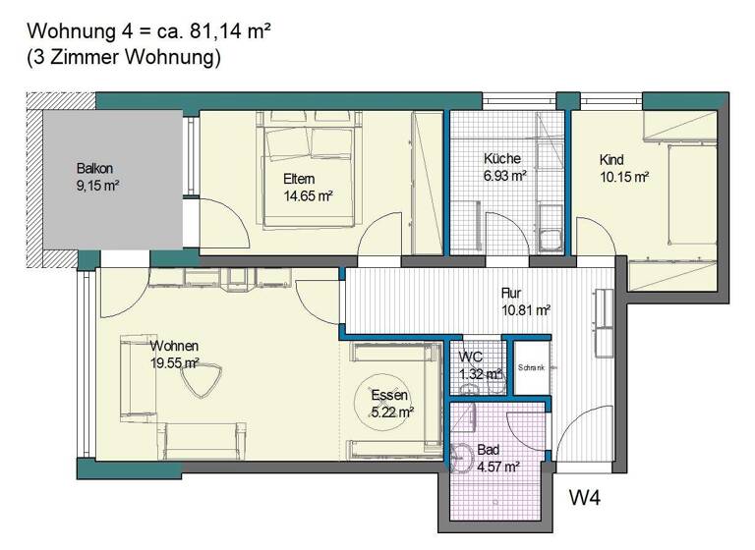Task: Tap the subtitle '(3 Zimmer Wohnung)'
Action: point(123,58)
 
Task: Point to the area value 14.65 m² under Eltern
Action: point(306,195)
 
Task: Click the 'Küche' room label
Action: point(502,158)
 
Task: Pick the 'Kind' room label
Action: point(612,159)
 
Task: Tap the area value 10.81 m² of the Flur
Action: point(524,310)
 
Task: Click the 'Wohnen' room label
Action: point(175,346)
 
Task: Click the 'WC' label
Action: point(471,356)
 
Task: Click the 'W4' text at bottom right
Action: point(586,498)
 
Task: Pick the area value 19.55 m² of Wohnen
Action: point(174,362)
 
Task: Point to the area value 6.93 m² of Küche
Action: point(504,176)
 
